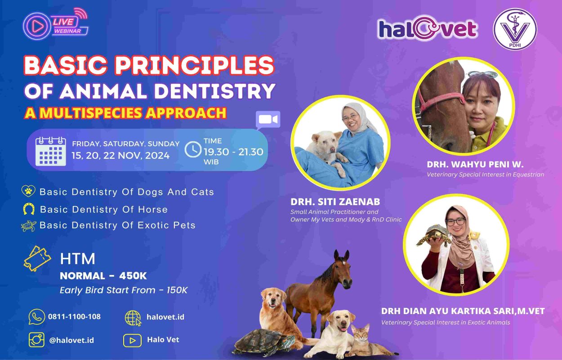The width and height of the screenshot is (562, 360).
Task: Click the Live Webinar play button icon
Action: (x=37, y=26)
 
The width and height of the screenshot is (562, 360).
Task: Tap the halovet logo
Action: (x=427, y=28)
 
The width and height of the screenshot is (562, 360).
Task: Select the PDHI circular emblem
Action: (x=515, y=29)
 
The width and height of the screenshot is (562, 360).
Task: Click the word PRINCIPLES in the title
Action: (x=194, y=65)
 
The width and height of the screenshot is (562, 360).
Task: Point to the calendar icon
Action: (x=51, y=151)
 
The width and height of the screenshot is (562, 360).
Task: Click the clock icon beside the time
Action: (x=193, y=149)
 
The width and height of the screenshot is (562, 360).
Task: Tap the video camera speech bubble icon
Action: (x=268, y=120)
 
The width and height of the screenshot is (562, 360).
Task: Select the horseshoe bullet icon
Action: (x=29, y=209)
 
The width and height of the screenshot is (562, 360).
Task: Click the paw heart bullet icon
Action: (x=28, y=191)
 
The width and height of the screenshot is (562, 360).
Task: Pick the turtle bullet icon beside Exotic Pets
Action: (x=28, y=226)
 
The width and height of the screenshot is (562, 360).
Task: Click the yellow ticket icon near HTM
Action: (x=37, y=258)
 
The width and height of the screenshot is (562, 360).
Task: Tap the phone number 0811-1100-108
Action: (x=74, y=316)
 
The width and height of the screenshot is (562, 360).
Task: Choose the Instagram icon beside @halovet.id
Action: (x=36, y=340)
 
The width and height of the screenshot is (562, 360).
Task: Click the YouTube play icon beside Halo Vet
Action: (x=132, y=340)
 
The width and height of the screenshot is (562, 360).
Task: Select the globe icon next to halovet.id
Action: (x=133, y=318)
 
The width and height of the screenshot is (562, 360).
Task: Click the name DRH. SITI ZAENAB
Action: (x=335, y=202)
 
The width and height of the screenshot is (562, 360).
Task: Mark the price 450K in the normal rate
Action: (x=133, y=276)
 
